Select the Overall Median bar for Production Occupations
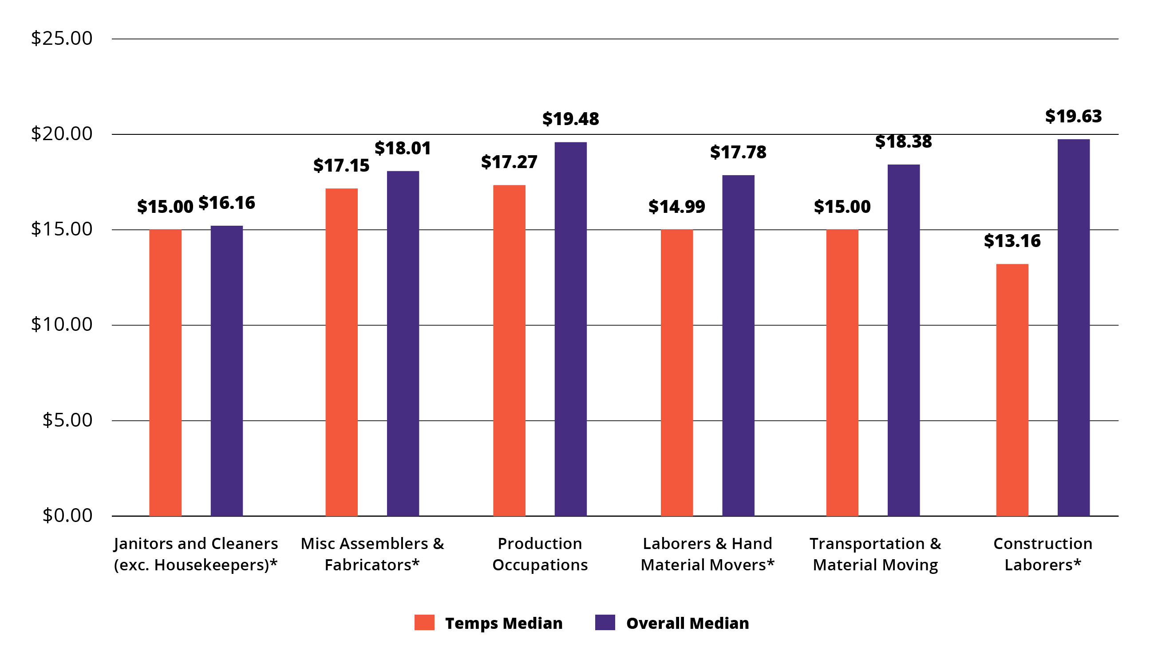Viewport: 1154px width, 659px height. [x=570, y=329]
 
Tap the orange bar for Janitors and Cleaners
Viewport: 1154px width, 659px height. [x=165, y=373]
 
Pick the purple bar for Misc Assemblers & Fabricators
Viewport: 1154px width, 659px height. [x=403, y=344]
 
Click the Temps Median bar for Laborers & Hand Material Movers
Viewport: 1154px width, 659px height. [x=676, y=373]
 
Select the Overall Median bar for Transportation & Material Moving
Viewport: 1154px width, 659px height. [x=903, y=340]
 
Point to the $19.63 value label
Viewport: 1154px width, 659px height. [x=1073, y=116]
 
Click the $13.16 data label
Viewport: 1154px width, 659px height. [x=1012, y=241]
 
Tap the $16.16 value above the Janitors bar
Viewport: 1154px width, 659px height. [x=226, y=203]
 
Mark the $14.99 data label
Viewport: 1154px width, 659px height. [x=676, y=206]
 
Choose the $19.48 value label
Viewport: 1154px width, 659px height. [x=570, y=119]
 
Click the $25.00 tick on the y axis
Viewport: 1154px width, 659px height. [x=62, y=39]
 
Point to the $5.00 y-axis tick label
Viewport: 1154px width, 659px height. [x=67, y=420]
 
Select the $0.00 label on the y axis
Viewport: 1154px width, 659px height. [x=67, y=515]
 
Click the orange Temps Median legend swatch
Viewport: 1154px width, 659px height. [x=424, y=622]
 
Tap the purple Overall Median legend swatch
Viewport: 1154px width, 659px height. [x=605, y=622]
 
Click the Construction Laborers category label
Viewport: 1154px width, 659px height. [x=1043, y=554]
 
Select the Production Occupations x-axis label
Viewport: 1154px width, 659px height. [x=540, y=554]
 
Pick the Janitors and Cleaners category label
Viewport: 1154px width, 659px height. [x=196, y=554]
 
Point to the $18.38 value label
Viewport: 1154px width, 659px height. [x=903, y=141]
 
